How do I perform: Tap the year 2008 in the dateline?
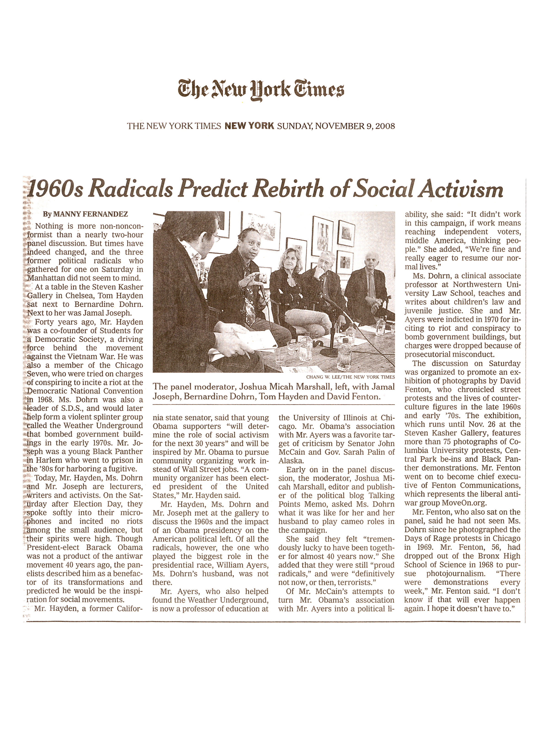pyautogui.click(x=385, y=126)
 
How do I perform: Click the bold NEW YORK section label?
pyautogui.click(x=249, y=126)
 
